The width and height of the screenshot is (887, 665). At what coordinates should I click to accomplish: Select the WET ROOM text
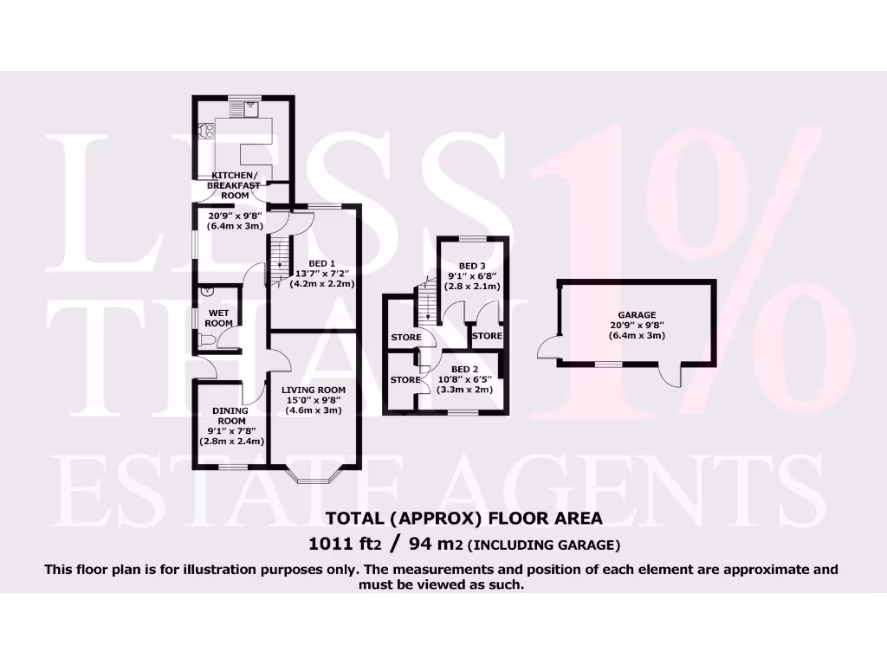coord(218,318)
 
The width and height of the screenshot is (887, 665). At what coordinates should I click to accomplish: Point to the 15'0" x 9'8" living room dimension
coord(314,400)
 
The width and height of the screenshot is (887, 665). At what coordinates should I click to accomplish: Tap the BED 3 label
coord(472,266)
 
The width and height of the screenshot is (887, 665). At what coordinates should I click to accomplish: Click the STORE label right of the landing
coord(487,336)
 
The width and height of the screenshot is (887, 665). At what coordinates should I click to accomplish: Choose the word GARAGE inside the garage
coord(637,316)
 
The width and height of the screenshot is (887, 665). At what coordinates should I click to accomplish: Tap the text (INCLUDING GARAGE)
coord(545,546)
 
